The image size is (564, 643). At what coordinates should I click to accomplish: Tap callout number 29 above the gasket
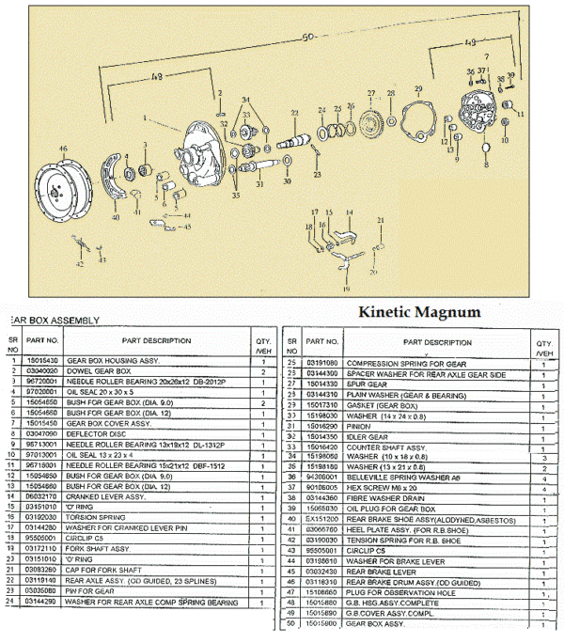pyautogui.click(x=418, y=88)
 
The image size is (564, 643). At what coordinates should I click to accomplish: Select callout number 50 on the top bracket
pyautogui.click(x=306, y=38)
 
